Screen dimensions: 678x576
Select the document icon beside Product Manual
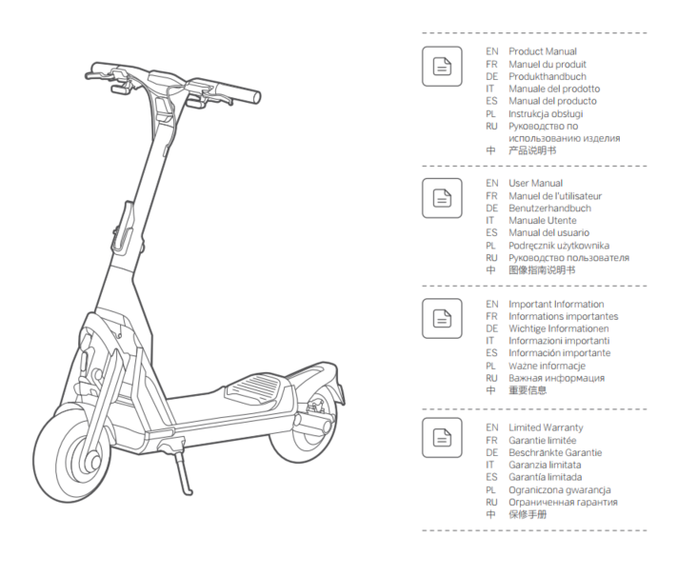(442, 67)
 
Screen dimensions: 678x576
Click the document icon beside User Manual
(442, 198)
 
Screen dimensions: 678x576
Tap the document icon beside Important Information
(442, 319)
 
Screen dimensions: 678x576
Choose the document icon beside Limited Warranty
(442, 438)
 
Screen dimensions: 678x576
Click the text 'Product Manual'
(543, 51)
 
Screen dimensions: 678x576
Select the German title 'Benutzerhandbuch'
(549, 208)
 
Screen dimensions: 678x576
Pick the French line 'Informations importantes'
(564, 316)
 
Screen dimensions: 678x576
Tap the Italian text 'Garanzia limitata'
(545, 465)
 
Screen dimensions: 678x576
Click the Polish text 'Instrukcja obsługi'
(546, 113)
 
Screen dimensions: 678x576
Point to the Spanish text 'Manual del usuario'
(548, 232)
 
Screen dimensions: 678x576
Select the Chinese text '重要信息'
(528, 390)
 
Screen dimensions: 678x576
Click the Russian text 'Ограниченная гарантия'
(563, 502)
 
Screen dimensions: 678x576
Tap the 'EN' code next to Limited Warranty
(492, 427)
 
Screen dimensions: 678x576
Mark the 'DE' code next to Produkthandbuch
(492, 76)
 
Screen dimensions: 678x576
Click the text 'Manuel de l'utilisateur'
(555, 196)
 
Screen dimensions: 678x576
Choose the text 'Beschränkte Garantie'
(555, 453)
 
